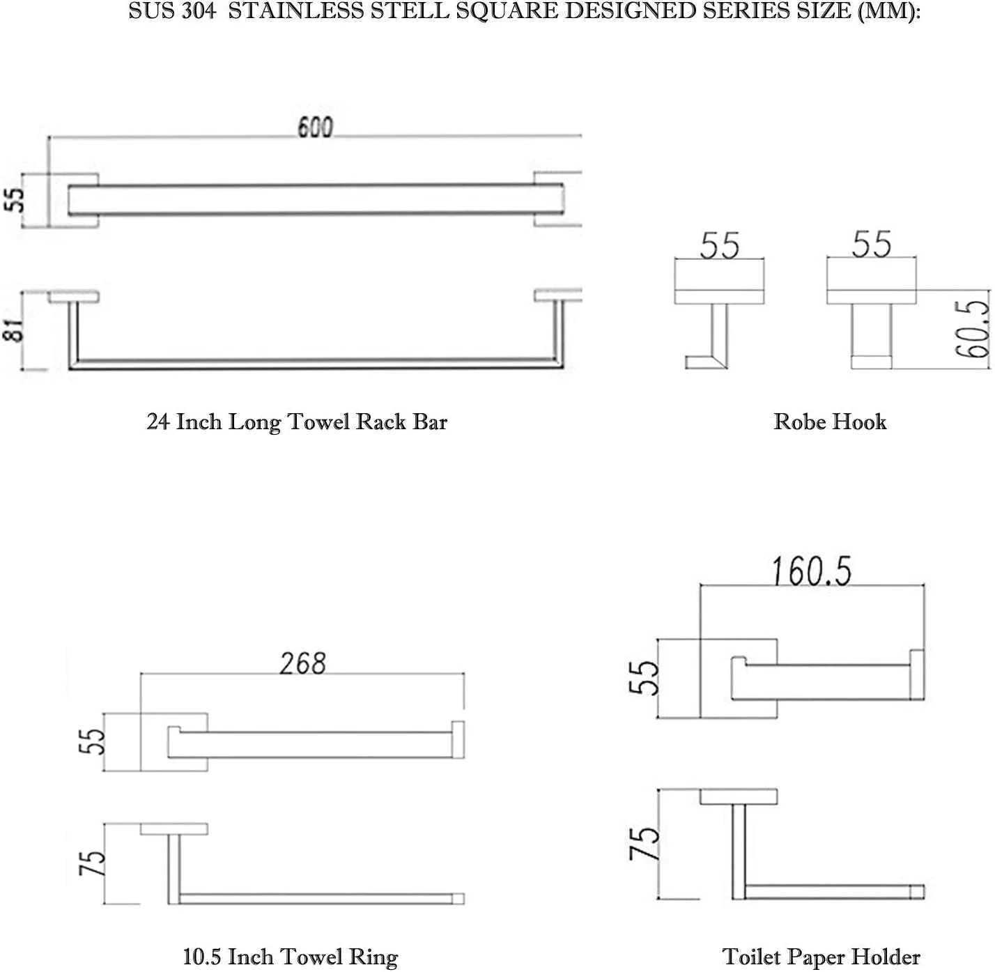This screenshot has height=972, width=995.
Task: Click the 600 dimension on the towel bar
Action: point(315,128)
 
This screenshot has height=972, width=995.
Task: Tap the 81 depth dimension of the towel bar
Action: point(14,330)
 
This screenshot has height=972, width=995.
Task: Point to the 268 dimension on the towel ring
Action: point(302,663)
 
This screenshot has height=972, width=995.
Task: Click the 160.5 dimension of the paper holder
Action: point(812,571)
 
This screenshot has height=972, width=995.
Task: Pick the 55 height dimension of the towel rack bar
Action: point(15,200)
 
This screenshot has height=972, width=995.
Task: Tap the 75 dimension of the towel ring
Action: point(92,863)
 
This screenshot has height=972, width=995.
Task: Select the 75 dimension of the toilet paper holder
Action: point(644,843)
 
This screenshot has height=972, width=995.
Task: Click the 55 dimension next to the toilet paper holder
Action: point(643,678)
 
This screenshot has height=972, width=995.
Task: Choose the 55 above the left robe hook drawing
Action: point(719,246)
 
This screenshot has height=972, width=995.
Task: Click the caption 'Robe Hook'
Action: point(830,422)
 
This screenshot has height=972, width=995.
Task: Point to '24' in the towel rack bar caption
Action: point(158,422)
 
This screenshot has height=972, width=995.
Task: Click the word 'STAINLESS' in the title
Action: point(297,11)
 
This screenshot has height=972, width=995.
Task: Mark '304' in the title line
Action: point(199,11)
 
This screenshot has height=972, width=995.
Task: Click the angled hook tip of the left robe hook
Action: point(706,362)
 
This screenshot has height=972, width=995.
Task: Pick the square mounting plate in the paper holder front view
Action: point(739,679)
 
